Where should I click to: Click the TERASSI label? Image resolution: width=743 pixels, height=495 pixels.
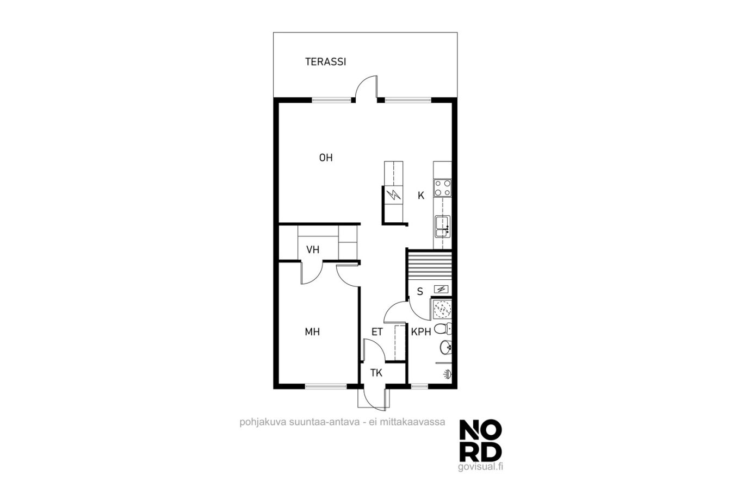pos(325,62)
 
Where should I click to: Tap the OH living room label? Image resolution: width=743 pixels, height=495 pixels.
pos(326,158)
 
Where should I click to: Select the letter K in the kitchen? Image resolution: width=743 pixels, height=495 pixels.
pos(420,196)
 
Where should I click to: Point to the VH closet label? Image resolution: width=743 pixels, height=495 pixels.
pos(313,249)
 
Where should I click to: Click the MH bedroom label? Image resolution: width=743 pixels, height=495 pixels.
pos(312,331)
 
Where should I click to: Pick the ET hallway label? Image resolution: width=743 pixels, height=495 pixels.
pos(377,331)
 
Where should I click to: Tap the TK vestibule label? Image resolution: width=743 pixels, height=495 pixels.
pos(376,373)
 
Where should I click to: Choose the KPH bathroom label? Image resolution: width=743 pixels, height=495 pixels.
pos(421,331)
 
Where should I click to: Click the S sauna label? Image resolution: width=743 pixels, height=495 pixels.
pos(420,292)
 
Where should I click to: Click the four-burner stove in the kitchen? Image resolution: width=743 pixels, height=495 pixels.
pos(443,188)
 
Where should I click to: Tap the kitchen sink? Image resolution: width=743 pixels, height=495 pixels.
pos(443,227)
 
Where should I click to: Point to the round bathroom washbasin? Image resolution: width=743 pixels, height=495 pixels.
pos(445,347)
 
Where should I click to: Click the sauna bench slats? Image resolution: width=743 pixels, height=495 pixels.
pos(430,265)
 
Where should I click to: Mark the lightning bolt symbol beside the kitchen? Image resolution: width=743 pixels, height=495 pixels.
pos(394,195)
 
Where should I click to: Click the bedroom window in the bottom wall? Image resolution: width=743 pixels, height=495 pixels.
pos(325,386)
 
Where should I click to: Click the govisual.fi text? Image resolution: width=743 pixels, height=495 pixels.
pos(480,467)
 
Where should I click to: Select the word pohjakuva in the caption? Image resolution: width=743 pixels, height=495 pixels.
pos(263,423)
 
